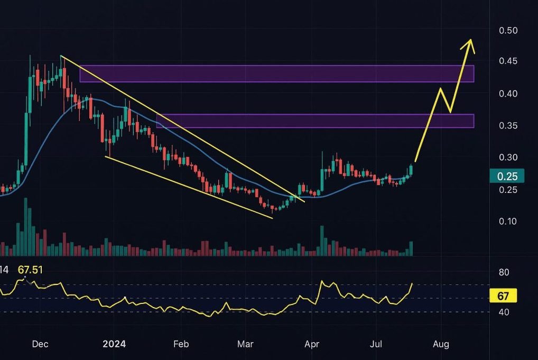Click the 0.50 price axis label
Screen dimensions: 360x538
(x=508, y=30)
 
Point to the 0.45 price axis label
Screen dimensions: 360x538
(x=508, y=62)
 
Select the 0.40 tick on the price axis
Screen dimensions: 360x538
(x=508, y=94)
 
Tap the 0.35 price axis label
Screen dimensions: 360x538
(x=508, y=125)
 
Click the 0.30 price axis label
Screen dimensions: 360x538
(x=508, y=157)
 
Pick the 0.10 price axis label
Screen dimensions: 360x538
(x=508, y=220)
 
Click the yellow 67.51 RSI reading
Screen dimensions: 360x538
(x=30, y=270)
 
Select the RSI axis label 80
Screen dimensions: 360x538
(x=504, y=272)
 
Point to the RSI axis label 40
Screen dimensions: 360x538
(x=504, y=312)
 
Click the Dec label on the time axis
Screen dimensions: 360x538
(x=40, y=345)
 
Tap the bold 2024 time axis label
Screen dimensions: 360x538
(x=114, y=345)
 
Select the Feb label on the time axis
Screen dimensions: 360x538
(x=181, y=345)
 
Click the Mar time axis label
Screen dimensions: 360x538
(x=245, y=345)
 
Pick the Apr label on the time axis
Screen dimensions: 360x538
(x=312, y=345)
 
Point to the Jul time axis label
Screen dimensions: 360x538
(x=376, y=345)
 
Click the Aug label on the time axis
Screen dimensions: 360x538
(x=441, y=345)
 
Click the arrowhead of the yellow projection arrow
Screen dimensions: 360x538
(x=469, y=43)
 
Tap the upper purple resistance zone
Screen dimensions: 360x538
(x=276, y=73)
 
